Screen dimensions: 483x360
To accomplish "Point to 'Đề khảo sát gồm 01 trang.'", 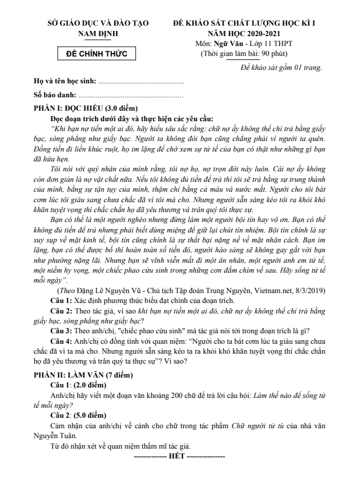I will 281,67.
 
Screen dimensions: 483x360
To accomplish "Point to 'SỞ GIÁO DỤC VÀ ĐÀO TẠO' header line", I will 97,23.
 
